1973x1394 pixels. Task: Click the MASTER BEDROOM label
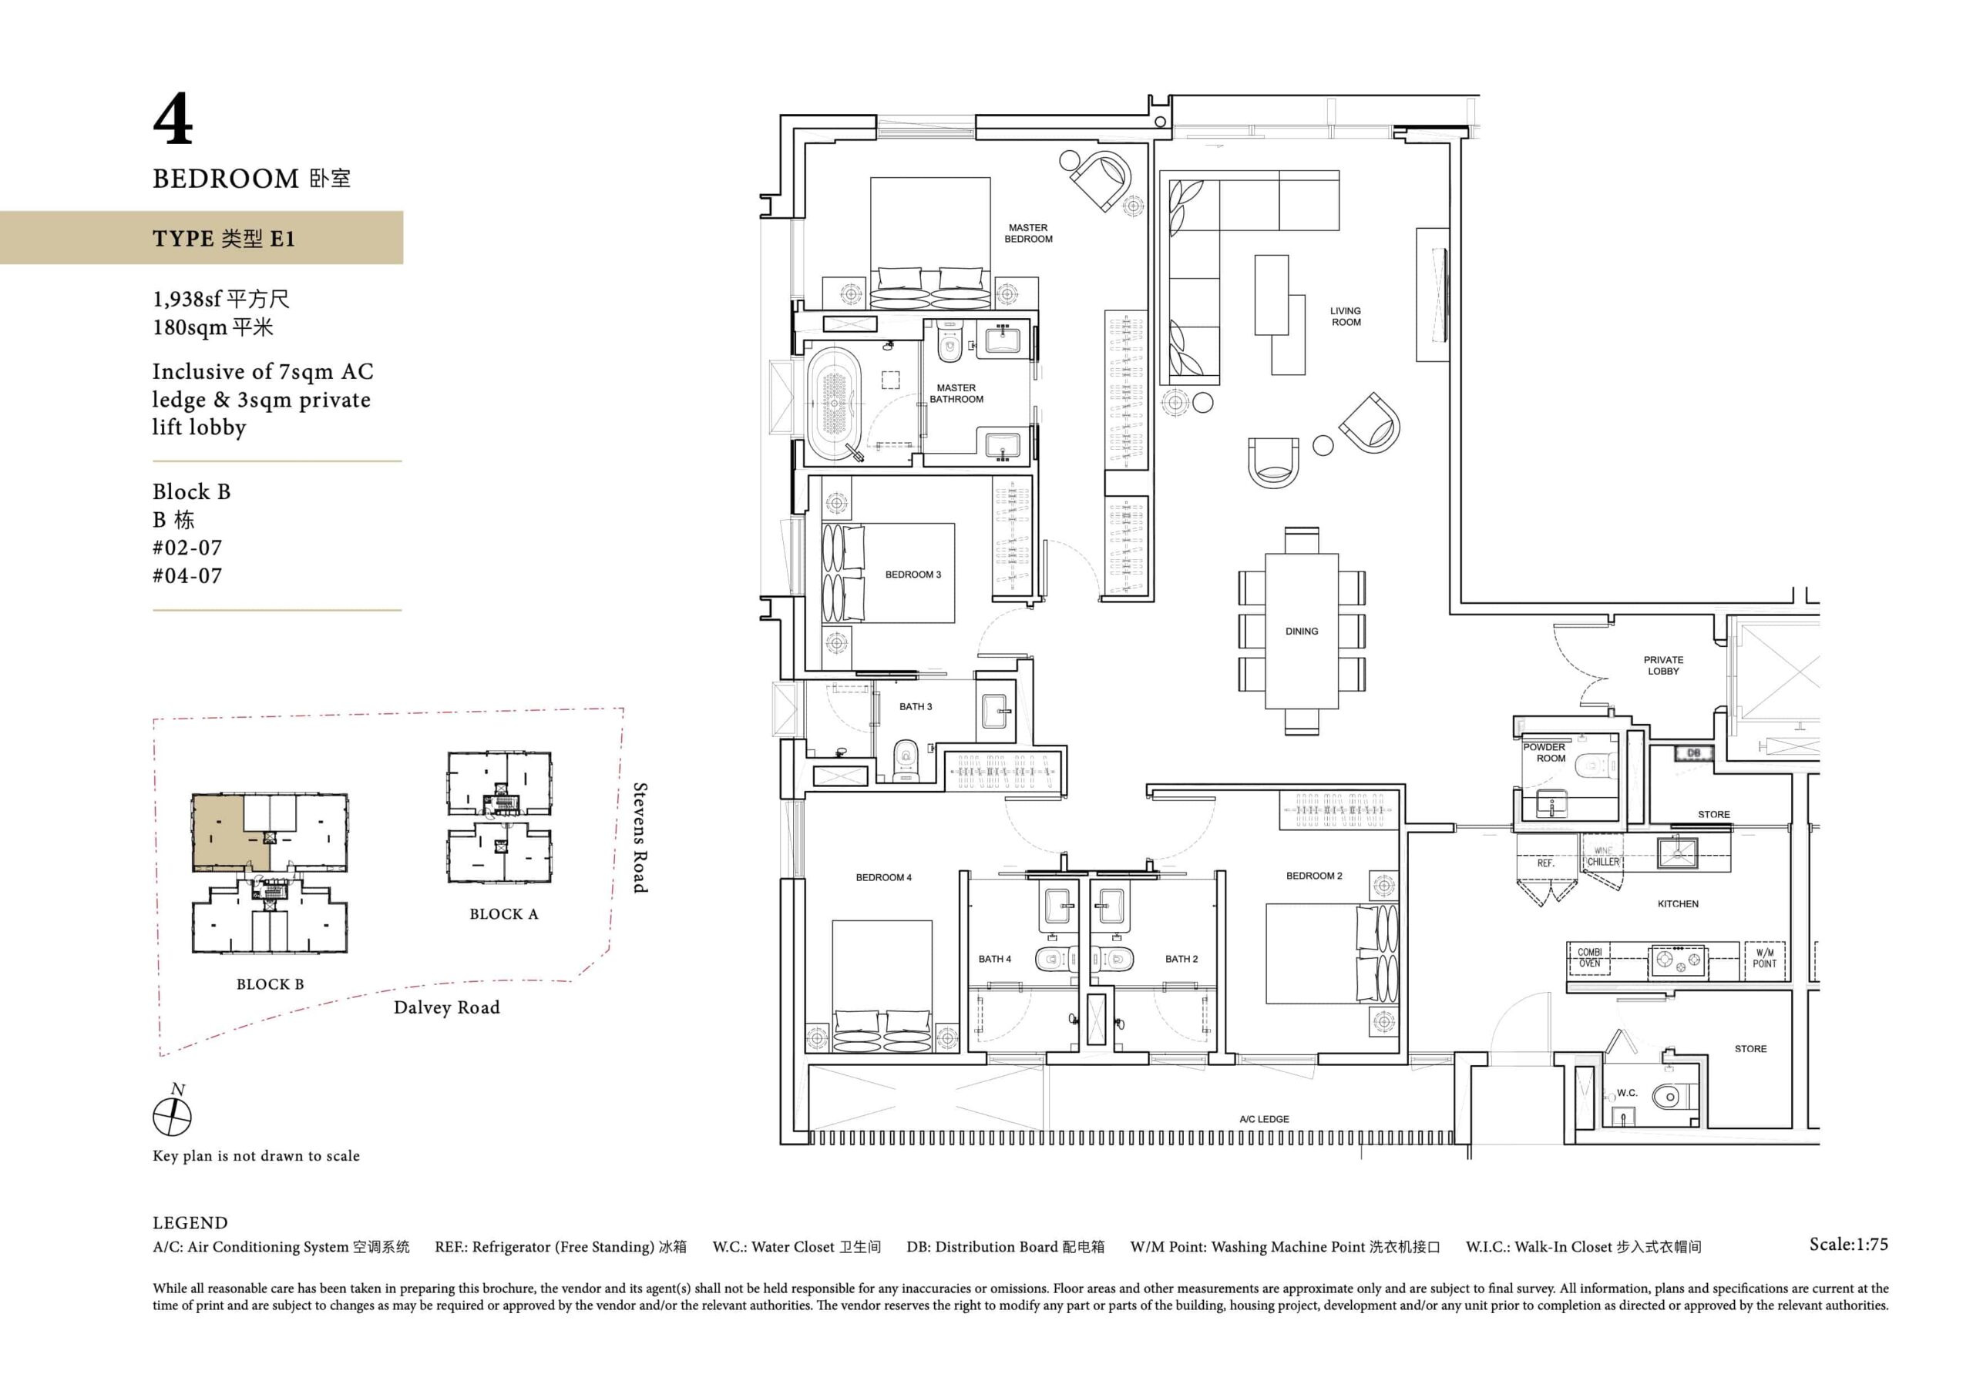[1028, 233]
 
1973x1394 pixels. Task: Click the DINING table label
[1301, 632]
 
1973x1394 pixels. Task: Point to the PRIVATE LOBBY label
[1664, 665]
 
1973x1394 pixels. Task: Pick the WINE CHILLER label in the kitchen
[1602, 856]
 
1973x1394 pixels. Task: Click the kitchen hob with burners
[1676, 960]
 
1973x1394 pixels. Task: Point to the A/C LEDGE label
[1264, 1119]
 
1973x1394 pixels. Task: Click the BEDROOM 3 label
[913, 575]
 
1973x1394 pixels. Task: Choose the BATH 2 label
[1181, 960]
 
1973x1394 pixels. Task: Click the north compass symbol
[172, 1116]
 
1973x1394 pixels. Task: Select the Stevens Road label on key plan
[640, 838]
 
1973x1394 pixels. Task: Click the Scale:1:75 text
[1848, 1245]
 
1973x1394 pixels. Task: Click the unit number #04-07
[187, 575]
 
